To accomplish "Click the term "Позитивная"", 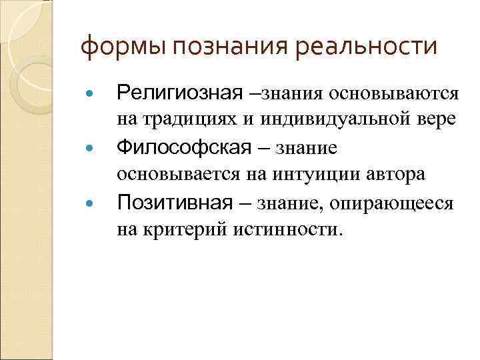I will pos(175,202).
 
